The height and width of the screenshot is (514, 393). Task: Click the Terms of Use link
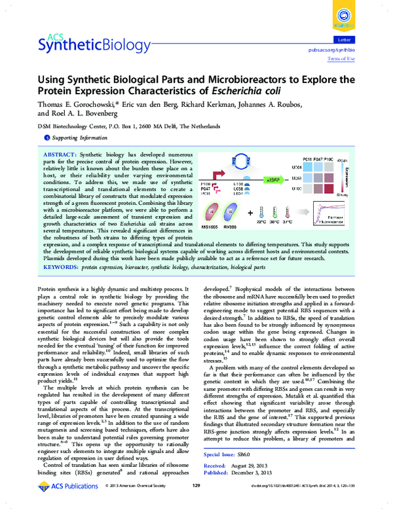coord(341,59)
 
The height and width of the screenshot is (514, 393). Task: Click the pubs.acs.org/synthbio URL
coord(331,49)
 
